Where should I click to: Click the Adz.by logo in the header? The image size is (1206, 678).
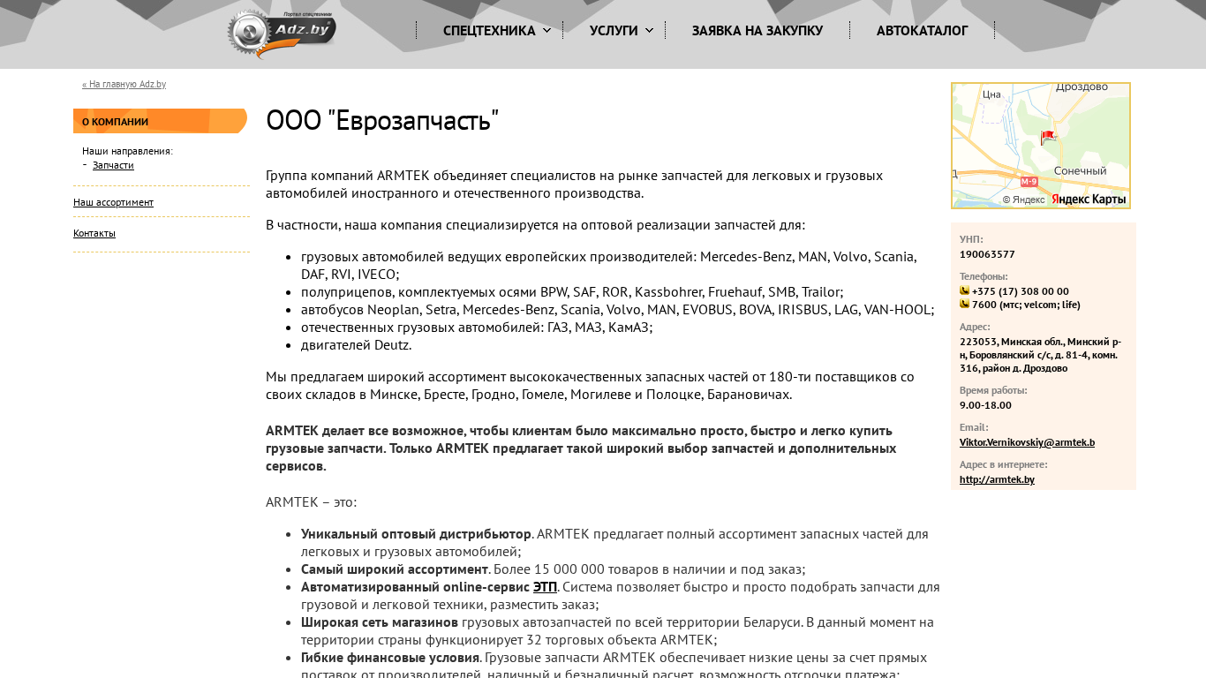pyautogui.click(x=282, y=34)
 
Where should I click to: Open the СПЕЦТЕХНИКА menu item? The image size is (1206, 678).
pyautogui.click(x=489, y=31)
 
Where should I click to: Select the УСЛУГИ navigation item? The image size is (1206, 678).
pyautogui.click(x=614, y=31)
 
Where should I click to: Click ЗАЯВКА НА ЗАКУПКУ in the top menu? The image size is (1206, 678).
pyautogui.click(x=758, y=31)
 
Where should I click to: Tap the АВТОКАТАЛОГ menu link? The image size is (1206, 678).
pyautogui.click(x=922, y=31)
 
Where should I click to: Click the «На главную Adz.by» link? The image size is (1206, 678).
pyautogui.click(x=124, y=85)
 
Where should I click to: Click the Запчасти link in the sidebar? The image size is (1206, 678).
pyautogui.click(x=113, y=165)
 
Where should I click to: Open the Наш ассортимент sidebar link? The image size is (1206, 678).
pyautogui.click(x=113, y=202)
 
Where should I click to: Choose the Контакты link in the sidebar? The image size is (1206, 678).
pyautogui.click(x=94, y=233)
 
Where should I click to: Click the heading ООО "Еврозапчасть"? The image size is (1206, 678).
pyautogui.click(x=382, y=121)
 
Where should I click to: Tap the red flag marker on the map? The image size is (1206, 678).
pyautogui.click(x=1048, y=137)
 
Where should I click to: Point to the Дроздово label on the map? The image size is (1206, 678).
pyautogui.click(x=1082, y=87)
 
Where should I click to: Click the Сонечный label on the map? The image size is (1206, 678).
pyautogui.click(x=1080, y=171)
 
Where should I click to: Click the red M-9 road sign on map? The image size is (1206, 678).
pyautogui.click(x=1029, y=182)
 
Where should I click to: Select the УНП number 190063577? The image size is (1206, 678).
pyautogui.click(x=987, y=254)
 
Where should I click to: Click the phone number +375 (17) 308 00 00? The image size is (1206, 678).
pyautogui.click(x=1020, y=291)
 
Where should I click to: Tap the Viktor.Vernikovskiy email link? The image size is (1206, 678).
pyautogui.click(x=1027, y=442)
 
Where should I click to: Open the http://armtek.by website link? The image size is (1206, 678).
pyautogui.click(x=997, y=479)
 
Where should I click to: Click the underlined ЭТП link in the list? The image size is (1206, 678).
pyautogui.click(x=545, y=587)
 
